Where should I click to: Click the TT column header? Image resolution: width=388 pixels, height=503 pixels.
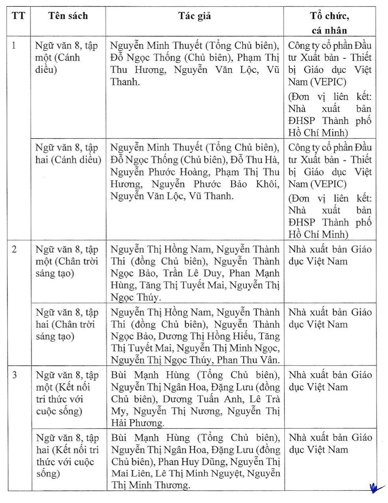pos(18,16)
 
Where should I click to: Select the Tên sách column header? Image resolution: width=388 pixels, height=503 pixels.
pos(68,16)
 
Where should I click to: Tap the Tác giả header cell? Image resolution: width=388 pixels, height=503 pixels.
pos(194,16)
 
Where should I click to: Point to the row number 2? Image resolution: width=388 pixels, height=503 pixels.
pos(15,250)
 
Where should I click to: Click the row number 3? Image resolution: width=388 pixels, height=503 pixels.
pos(15,375)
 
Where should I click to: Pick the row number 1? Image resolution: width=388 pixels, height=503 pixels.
pos(14,46)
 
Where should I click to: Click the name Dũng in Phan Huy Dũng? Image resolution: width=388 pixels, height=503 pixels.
pos(215,462)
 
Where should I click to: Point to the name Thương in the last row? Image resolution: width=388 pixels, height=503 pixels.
pos(172,485)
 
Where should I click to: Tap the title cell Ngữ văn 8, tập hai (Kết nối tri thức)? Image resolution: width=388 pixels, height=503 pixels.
pos(67,455)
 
